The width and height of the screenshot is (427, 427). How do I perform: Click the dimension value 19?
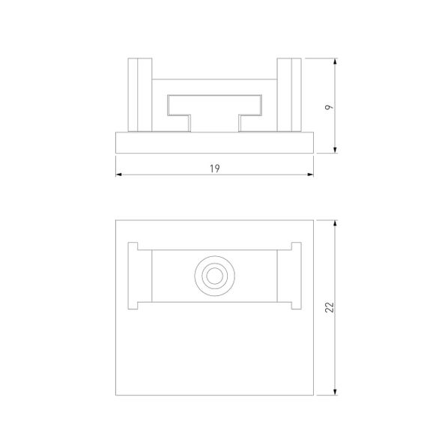coord(215,169)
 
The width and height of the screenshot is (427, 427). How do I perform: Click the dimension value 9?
coord(329,107)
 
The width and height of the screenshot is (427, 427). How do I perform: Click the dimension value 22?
coord(329,307)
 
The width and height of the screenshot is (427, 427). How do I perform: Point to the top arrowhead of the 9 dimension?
coord(335,61)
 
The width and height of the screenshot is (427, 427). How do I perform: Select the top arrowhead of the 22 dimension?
coord(335,222)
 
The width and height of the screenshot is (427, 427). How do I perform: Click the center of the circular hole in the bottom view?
coord(215,276)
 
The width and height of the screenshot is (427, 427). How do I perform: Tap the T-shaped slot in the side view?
coord(215,109)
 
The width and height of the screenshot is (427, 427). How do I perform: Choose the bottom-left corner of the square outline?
coord(117,395)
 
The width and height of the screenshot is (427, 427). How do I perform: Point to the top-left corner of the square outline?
coord(117,219)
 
